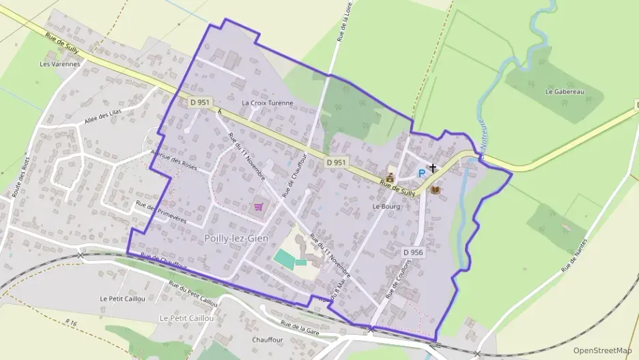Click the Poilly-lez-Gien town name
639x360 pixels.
tap(236, 238)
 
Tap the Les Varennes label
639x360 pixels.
tap(60, 64)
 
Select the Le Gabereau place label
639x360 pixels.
tap(565, 91)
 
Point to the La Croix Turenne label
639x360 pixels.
tap(268, 103)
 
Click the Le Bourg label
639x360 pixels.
tap(386, 206)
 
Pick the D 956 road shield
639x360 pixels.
tap(413, 252)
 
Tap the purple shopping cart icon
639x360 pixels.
tap(259, 206)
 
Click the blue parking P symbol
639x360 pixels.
tap(421, 174)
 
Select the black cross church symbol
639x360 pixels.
tap(432, 167)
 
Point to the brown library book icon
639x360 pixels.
tap(436, 190)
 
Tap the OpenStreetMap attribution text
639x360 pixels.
tap(602, 350)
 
